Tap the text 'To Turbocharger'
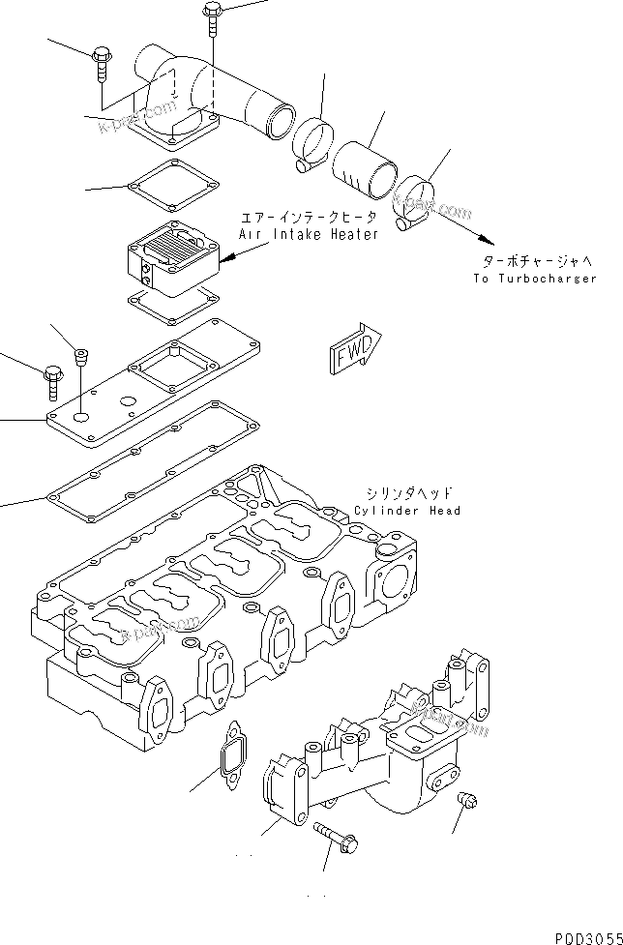click(x=535, y=279)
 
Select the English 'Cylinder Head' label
click(x=407, y=511)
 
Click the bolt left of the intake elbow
click(x=102, y=63)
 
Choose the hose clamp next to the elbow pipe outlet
click(x=312, y=144)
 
